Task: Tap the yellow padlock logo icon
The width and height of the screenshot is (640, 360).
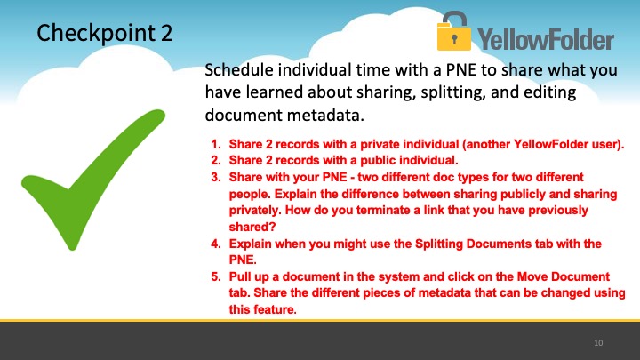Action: point(454,31)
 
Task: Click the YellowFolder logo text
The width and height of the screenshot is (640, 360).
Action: point(546,39)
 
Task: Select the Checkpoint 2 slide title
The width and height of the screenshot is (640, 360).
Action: point(105,33)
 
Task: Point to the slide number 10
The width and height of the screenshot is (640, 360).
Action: point(598,343)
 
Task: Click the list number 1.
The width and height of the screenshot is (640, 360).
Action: point(215,144)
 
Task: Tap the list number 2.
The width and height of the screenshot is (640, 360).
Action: point(215,160)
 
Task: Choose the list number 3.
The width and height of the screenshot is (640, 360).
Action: point(215,177)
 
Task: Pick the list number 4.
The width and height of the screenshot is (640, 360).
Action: point(215,244)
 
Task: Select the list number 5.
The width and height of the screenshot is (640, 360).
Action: point(215,276)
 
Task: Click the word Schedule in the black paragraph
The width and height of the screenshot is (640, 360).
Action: point(239,70)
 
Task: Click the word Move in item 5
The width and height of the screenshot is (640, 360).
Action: point(532,276)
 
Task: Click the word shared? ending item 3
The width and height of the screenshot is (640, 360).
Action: point(252,227)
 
